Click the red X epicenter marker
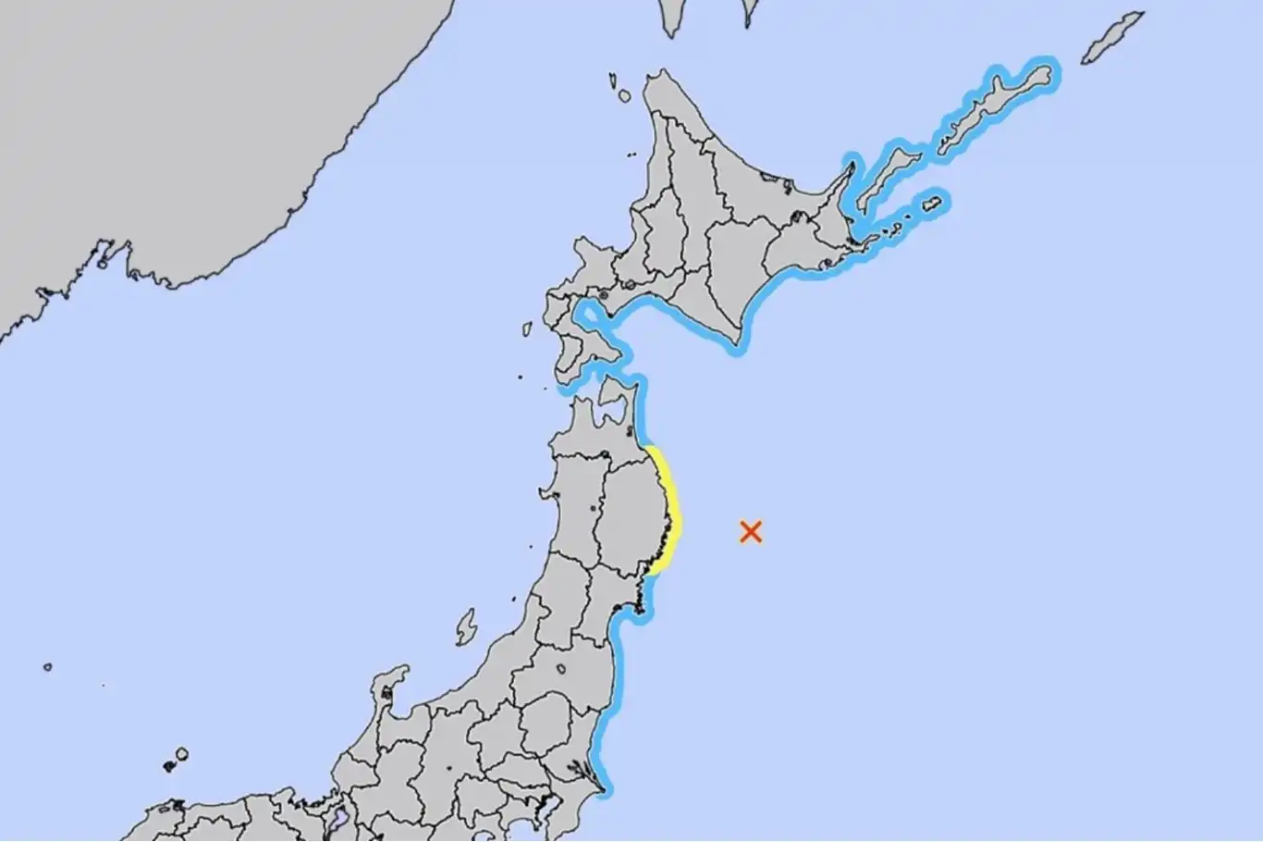751,531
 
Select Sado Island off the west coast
466,626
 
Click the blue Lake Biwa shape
338,819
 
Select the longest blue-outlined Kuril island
994,106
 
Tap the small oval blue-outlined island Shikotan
933,203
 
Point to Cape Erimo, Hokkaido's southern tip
736,347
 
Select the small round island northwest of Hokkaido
625,95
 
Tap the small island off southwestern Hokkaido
527,328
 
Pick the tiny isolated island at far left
47,666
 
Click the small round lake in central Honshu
559,669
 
